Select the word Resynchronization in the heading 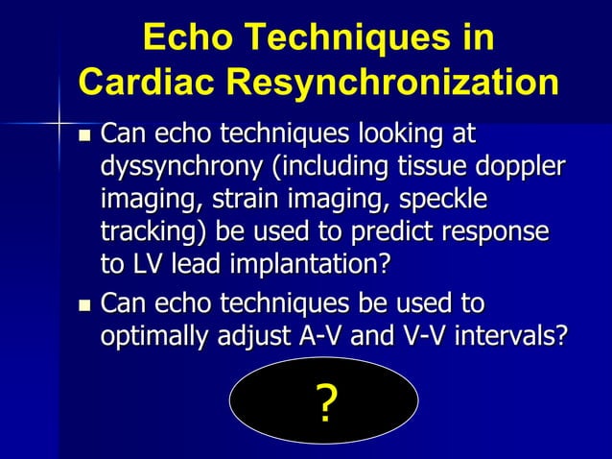pos(398,82)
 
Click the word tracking pos(155,232)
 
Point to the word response pos(503,232)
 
